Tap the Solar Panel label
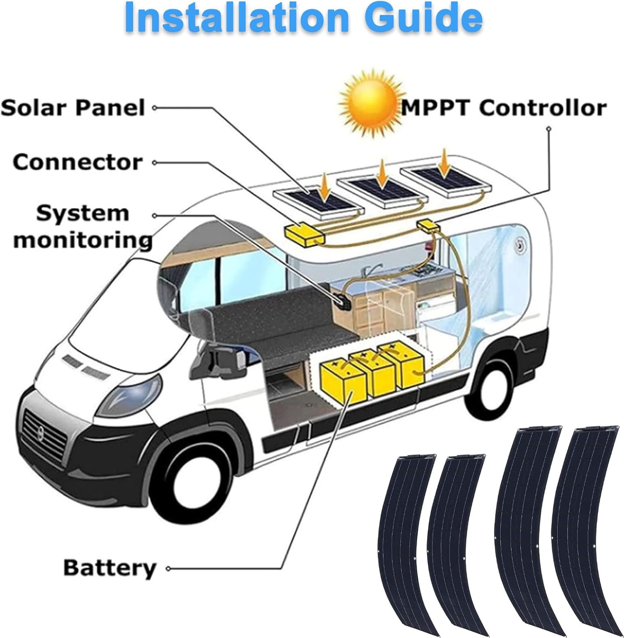(x=73, y=108)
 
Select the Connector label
(x=78, y=162)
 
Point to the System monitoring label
(x=82, y=226)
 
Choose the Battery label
(x=110, y=568)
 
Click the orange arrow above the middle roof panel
(x=383, y=174)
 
